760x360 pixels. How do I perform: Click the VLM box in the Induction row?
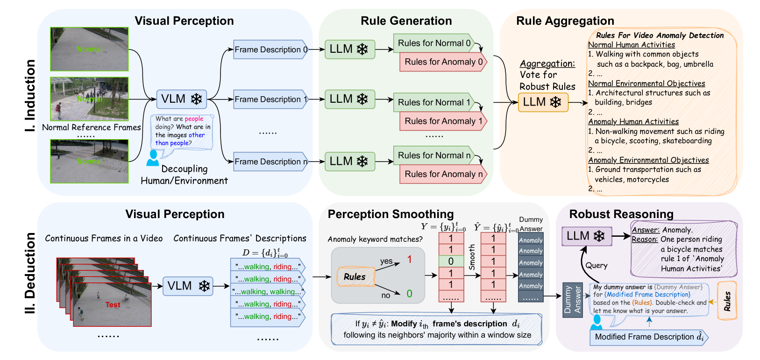181,99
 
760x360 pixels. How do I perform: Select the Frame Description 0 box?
270,49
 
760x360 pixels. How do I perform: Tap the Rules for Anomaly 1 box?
443,121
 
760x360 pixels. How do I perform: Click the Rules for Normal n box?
434,155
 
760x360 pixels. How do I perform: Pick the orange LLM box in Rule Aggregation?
543,102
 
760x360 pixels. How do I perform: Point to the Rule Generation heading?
406,21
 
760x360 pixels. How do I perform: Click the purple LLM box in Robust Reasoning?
586,236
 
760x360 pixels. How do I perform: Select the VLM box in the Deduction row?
188,286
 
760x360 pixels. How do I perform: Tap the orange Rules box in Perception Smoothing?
355,277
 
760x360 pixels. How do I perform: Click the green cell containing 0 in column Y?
451,261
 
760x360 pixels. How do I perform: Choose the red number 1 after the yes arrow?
409,260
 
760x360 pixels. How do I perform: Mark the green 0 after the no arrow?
409,294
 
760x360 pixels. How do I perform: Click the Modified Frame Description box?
649,337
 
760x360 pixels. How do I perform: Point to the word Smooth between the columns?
472,257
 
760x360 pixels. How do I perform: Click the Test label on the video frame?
113,305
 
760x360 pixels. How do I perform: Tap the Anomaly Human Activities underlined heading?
633,122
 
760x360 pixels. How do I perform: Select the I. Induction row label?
30,96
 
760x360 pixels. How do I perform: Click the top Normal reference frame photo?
89,49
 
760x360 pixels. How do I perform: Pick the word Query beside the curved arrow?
597,266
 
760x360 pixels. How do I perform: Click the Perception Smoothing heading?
391,214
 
